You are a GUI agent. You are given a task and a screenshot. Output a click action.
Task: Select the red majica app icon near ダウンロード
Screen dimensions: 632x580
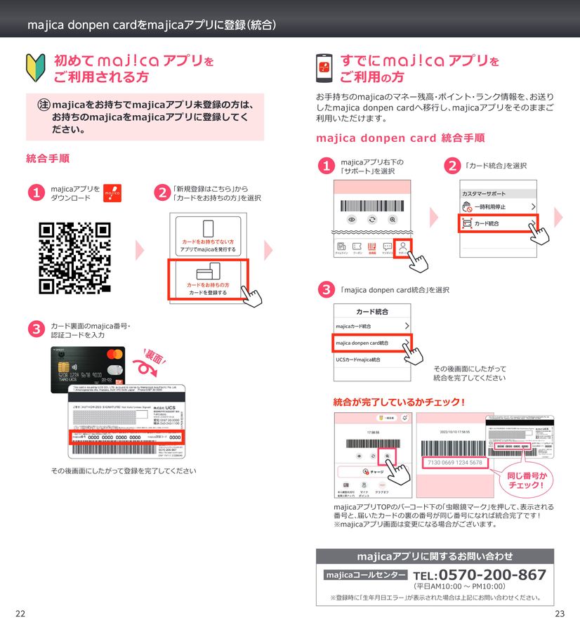(x=112, y=193)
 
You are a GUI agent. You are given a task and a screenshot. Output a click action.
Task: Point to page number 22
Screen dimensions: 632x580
(x=20, y=614)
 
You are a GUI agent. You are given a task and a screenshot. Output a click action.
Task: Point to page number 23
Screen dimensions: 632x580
(x=560, y=614)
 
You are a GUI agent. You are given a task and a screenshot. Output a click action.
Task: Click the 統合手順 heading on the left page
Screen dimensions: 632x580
(x=47, y=159)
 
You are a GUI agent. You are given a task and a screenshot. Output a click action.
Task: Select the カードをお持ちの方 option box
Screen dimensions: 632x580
(x=208, y=279)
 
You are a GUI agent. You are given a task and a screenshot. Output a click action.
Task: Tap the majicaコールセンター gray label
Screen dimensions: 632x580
(x=362, y=575)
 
